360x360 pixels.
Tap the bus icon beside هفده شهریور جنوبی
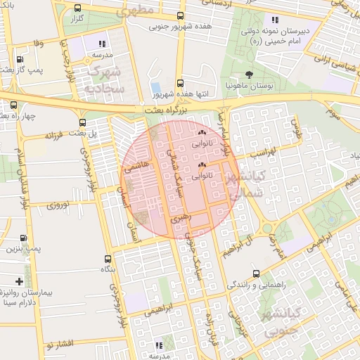tap(181, 15)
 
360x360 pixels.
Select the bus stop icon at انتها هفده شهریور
tap(181, 82)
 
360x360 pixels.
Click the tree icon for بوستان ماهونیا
tap(249, 74)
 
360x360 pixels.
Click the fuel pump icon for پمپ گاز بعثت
tap(19, 60)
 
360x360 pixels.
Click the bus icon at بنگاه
tap(107, 258)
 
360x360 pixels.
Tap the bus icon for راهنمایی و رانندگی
tap(255, 274)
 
